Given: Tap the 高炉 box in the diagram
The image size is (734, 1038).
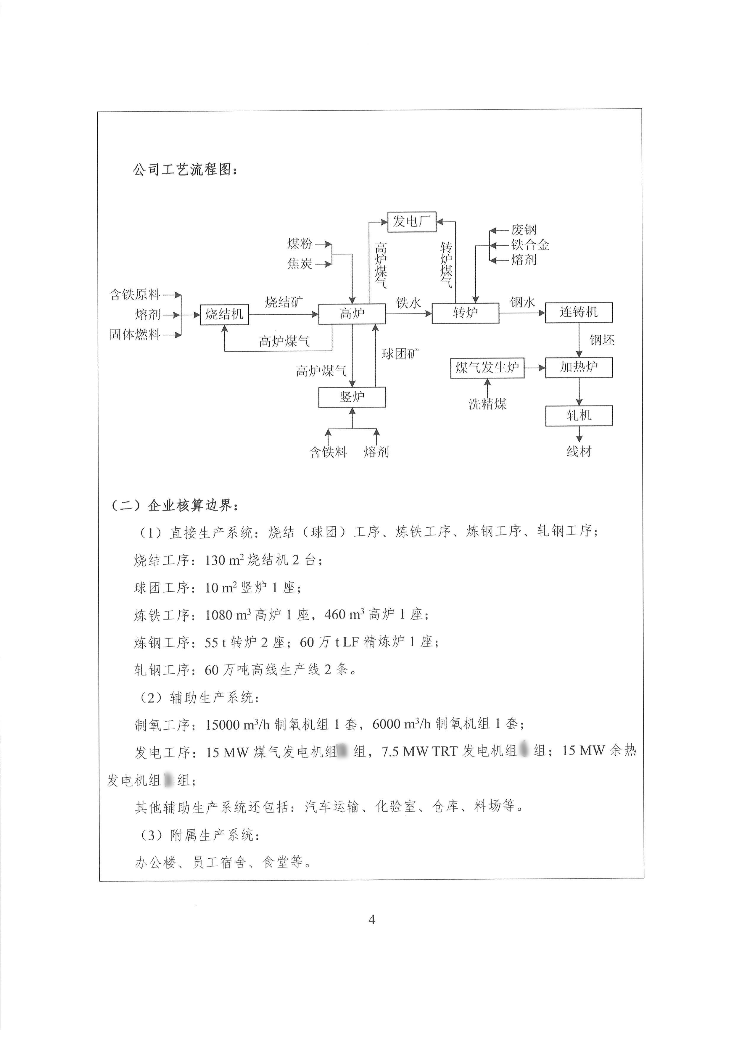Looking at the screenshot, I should pyautogui.click(x=352, y=314).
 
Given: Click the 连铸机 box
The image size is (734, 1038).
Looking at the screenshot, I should pyautogui.click(x=579, y=312).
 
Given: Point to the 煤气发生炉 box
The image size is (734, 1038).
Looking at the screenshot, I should pyautogui.click(x=487, y=368).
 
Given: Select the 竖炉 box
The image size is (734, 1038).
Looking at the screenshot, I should pyautogui.click(x=352, y=398).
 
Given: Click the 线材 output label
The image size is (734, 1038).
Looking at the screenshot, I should pyautogui.click(x=579, y=451).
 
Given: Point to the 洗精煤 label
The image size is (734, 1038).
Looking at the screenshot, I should pyautogui.click(x=487, y=404).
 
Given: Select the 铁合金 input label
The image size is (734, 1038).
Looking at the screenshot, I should pyautogui.click(x=530, y=245).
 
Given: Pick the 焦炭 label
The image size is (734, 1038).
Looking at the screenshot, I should pyautogui.click(x=300, y=263).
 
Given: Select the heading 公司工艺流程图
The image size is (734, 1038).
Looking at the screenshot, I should pyautogui.click(x=185, y=170).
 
